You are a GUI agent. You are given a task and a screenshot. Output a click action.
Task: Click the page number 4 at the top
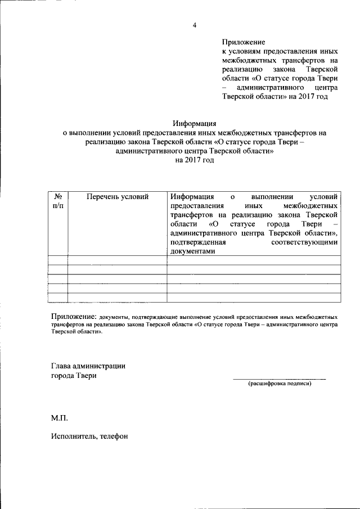click(194, 25)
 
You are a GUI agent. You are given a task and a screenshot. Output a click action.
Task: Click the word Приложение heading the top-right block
click(243, 42)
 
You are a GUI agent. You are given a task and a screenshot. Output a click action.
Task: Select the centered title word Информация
click(194, 124)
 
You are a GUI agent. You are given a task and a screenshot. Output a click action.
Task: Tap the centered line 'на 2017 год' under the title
click(195, 160)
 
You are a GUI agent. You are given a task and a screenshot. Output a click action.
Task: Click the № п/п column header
click(58, 202)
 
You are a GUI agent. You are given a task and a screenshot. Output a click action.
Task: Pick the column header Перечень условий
click(118, 197)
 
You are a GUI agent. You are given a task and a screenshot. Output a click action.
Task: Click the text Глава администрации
click(88, 366)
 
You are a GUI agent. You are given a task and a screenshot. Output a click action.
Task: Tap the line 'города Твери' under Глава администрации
click(74, 376)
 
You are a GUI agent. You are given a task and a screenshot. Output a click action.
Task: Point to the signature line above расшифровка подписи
click(280, 379)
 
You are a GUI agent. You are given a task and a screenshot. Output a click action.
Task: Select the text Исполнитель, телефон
click(89, 435)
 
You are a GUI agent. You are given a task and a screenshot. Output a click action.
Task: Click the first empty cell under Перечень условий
click(118, 260)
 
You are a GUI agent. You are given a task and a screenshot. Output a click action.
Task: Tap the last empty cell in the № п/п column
click(58, 298)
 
